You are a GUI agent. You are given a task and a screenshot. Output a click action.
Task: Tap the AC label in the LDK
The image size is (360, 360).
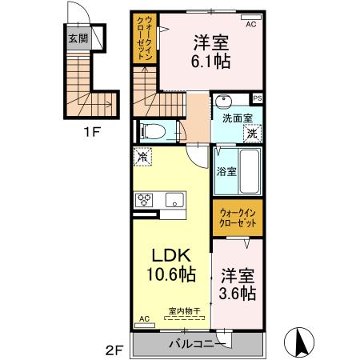pyautogui.click(x=144, y=318)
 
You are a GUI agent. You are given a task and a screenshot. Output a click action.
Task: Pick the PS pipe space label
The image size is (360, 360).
pyautogui.click(x=257, y=98)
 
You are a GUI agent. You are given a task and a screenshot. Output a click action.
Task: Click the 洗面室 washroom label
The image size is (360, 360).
pyautogui.click(x=238, y=117)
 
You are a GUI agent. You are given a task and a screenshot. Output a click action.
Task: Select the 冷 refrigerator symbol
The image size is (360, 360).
pyautogui.click(x=142, y=157)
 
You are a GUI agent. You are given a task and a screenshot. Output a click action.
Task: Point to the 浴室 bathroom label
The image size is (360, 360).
pyautogui.click(x=226, y=171)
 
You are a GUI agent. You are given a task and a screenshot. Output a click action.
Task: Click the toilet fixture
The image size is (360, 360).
pyautogui.click(x=152, y=130)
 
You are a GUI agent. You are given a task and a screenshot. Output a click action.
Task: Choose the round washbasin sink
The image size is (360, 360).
pyautogui.click(x=226, y=101)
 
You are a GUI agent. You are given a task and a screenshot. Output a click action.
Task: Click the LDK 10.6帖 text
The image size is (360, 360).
pyautogui.click(x=170, y=264)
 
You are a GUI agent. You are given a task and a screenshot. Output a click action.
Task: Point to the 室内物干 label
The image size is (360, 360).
pyautogui.click(x=184, y=310)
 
